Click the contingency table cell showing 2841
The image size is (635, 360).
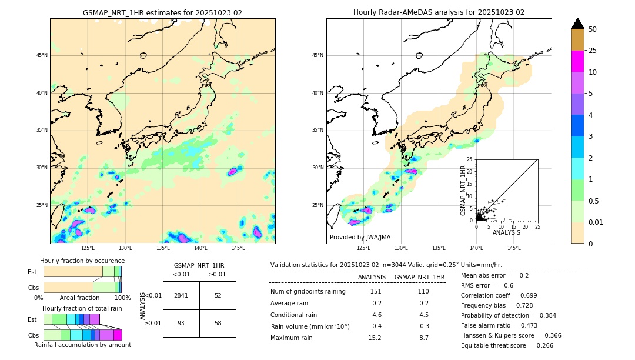coord(181,295)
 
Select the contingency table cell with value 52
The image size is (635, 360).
coord(218,295)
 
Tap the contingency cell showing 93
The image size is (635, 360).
coord(181,324)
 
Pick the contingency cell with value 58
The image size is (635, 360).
coord(218,324)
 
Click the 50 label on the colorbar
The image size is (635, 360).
coord(593,29)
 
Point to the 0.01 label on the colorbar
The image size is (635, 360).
coord(596,222)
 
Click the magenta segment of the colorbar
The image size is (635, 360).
coord(577,61)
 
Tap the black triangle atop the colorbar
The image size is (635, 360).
coord(577,24)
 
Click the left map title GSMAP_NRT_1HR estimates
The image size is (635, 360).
coord(162,12)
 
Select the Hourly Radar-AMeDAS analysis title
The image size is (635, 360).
coord(439,12)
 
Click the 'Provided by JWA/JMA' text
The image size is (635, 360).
coord(360,237)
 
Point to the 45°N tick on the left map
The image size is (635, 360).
coord(42,55)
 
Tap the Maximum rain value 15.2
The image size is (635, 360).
coord(375,338)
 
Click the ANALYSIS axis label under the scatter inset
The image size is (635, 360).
coord(506,232)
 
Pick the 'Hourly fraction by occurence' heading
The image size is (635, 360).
coord(82,261)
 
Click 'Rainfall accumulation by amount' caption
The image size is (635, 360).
coord(82,345)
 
